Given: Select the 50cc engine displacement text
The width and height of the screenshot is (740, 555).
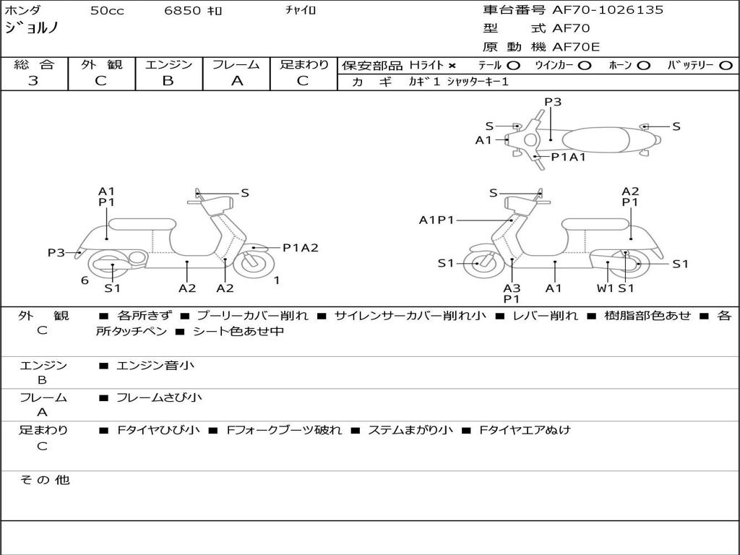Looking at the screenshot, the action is click(107, 11).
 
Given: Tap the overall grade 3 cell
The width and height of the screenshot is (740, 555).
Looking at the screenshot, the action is click(33, 81).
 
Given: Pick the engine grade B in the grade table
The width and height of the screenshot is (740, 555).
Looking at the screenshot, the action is click(168, 81).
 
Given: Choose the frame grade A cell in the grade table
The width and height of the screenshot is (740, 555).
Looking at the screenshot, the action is click(236, 81).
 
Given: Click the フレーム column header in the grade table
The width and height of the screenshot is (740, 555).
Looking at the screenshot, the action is click(236, 64).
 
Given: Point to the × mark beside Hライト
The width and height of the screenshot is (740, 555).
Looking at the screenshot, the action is click(452, 65).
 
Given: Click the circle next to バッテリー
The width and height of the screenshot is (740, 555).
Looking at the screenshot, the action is click(726, 65).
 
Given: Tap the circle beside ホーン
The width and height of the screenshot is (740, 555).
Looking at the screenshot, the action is click(643, 65).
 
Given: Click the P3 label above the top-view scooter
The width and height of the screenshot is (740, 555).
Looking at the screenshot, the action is click(553, 102).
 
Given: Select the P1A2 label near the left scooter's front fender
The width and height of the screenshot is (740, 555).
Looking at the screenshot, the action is click(300, 248).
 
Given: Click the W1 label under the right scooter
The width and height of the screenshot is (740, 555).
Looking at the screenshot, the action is click(605, 288).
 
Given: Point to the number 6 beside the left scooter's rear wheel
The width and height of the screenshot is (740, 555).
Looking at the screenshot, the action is click(85, 280).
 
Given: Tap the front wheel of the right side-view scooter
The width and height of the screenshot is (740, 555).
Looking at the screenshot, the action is click(478, 264).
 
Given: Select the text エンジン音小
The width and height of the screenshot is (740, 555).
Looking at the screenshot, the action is click(155, 366).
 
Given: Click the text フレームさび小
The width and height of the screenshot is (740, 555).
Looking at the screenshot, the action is click(159, 397).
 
